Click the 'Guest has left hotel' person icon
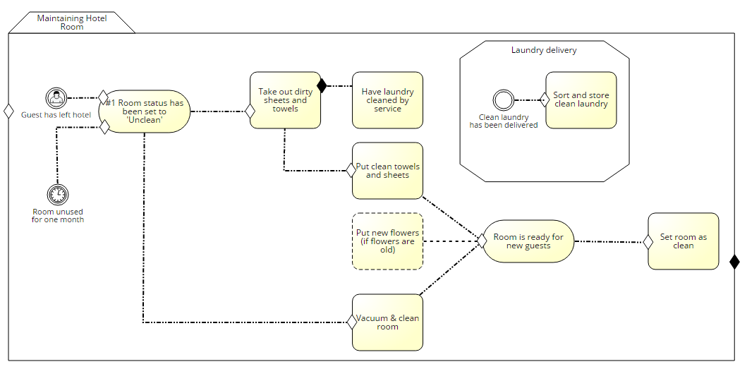[56, 97]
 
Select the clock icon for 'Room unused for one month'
[57, 195]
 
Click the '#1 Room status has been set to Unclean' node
[145, 111]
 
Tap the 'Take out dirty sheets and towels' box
[285, 100]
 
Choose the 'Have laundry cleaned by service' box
[387, 100]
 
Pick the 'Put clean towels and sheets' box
[387, 171]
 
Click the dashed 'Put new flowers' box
[387, 241]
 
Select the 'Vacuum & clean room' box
[387, 322]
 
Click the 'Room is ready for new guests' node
[528, 241]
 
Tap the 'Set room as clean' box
[683, 241]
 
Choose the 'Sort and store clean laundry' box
[581, 100]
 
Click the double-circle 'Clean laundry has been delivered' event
[504, 100]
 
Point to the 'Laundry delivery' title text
[543, 50]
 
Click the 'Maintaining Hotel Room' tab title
[72, 23]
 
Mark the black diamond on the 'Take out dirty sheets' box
[322, 86]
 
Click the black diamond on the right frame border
[734, 262]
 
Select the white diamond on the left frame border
[9, 111]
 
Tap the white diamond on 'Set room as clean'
[648, 241]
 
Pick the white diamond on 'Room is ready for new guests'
[482, 241]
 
